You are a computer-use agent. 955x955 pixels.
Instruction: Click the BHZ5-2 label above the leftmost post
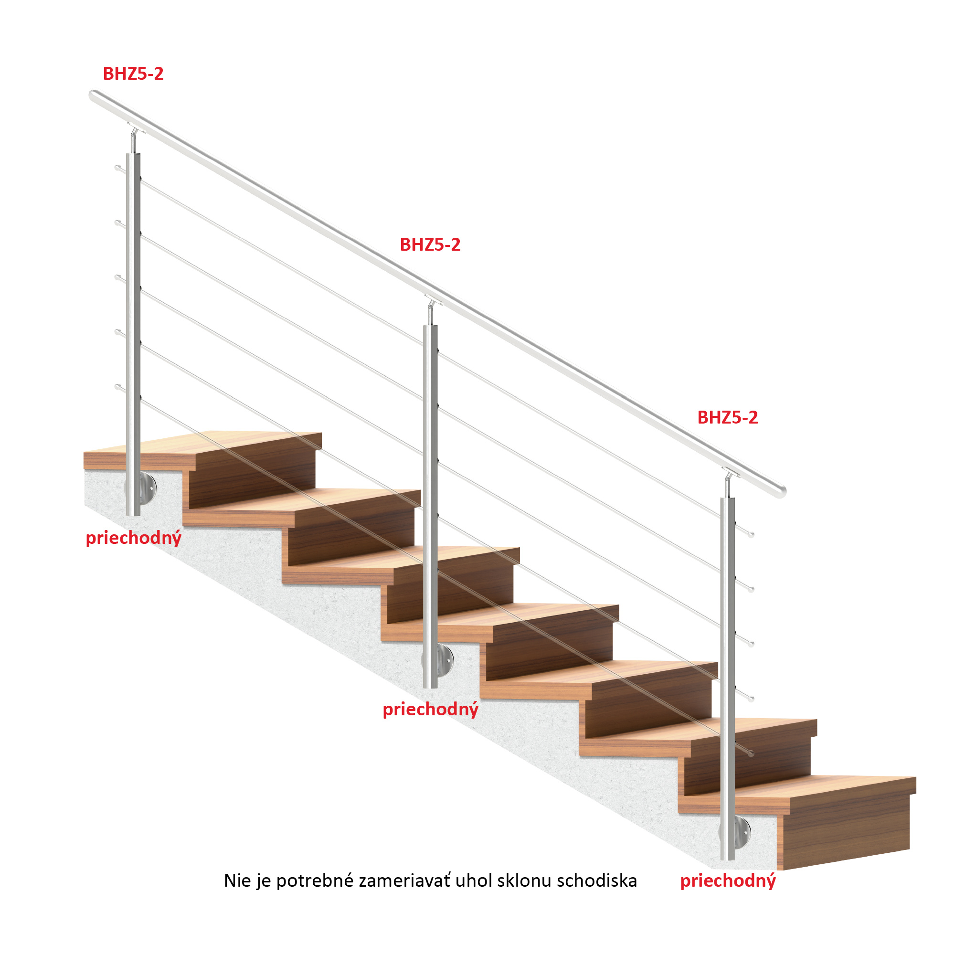click(x=133, y=74)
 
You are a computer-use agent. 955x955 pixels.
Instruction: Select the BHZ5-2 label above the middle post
click(x=430, y=244)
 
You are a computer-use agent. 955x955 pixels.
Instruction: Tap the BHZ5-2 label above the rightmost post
click(x=728, y=418)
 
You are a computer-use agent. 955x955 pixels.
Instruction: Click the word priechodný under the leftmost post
click(x=134, y=538)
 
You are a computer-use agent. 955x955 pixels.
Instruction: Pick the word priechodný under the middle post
click(x=431, y=710)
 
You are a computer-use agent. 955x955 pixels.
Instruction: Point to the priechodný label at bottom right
click(x=728, y=881)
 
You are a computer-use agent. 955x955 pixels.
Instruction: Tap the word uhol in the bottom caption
click(x=474, y=881)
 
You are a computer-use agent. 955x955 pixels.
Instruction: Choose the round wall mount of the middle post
click(x=445, y=660)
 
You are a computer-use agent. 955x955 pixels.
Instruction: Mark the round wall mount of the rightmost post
click(x=742, y=832)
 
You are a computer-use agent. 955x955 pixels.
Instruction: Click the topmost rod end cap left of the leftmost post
click(x=117, y=168)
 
